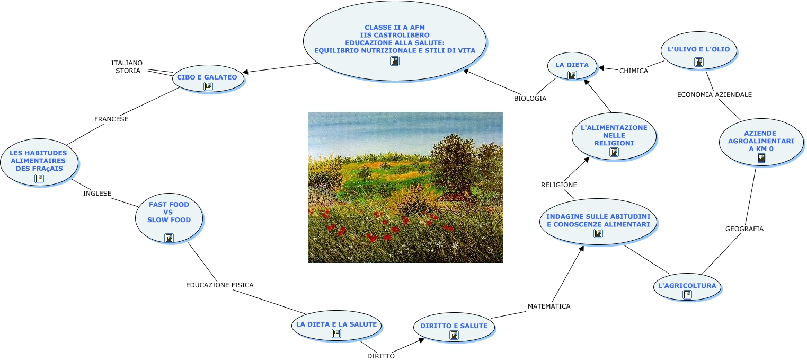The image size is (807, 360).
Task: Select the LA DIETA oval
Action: tap(572, 66)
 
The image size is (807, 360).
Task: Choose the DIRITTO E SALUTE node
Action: tap(454, 327)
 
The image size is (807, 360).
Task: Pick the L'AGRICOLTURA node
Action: tap(687, 287)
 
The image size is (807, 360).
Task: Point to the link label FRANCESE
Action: tap(111, 119)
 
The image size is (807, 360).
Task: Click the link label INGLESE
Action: tap(97, 194)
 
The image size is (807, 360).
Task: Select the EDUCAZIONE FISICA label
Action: tap(219, 285)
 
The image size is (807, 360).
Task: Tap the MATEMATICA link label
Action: tap(549, 306)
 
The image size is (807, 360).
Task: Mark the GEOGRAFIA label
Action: tap(744, 229)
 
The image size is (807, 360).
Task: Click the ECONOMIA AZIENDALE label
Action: tap(714, 95)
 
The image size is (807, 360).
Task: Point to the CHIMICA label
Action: tap(634, 71)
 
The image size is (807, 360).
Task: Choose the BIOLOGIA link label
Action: tap(530, 99)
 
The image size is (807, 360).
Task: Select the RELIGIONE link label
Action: tap(559, 185)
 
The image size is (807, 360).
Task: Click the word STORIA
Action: tap(128, 71)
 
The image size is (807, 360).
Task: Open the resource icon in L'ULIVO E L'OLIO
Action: tap(699, 62)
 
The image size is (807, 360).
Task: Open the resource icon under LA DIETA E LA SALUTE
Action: tap(336, 333)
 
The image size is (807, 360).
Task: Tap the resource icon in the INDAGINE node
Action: tap(598, 233)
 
